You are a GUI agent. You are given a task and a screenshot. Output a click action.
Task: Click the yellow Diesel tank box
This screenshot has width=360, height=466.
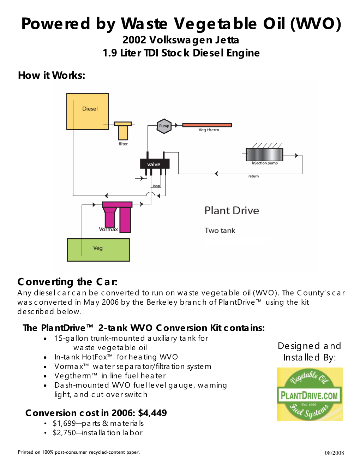coord(88,111)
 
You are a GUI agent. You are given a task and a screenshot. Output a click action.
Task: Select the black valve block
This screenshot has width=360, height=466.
coord(155,164)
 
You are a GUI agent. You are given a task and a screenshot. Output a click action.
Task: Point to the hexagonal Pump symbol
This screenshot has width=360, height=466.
coord(164,126)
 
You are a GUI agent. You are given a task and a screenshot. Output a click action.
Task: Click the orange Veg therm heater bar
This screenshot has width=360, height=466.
coord(207,125)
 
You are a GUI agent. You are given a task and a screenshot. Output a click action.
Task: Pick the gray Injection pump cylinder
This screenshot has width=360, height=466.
coord(264,155)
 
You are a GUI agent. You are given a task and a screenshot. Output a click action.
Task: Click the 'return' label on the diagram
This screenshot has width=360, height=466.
coord(253,176)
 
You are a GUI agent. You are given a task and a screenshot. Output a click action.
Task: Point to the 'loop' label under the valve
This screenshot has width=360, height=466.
coord(156,186)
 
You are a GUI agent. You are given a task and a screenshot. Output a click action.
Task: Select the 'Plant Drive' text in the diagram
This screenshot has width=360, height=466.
coord(232,211)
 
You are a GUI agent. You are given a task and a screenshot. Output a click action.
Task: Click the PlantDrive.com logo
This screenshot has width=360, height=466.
coord(310,394)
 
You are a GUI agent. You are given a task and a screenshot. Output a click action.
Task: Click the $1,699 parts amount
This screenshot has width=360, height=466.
coord(64,423)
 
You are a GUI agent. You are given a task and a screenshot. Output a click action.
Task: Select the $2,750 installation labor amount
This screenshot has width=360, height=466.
coord(64,433)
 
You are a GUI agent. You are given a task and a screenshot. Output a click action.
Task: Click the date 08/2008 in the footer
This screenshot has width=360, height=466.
coord(334,453)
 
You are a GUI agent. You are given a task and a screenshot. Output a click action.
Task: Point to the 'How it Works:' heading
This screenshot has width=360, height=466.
coord(52,75)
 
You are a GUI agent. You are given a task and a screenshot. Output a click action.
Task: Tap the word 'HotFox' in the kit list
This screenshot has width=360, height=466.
coord(95,357)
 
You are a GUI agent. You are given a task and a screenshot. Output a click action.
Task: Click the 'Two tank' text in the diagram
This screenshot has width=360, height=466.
coord(220,231)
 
